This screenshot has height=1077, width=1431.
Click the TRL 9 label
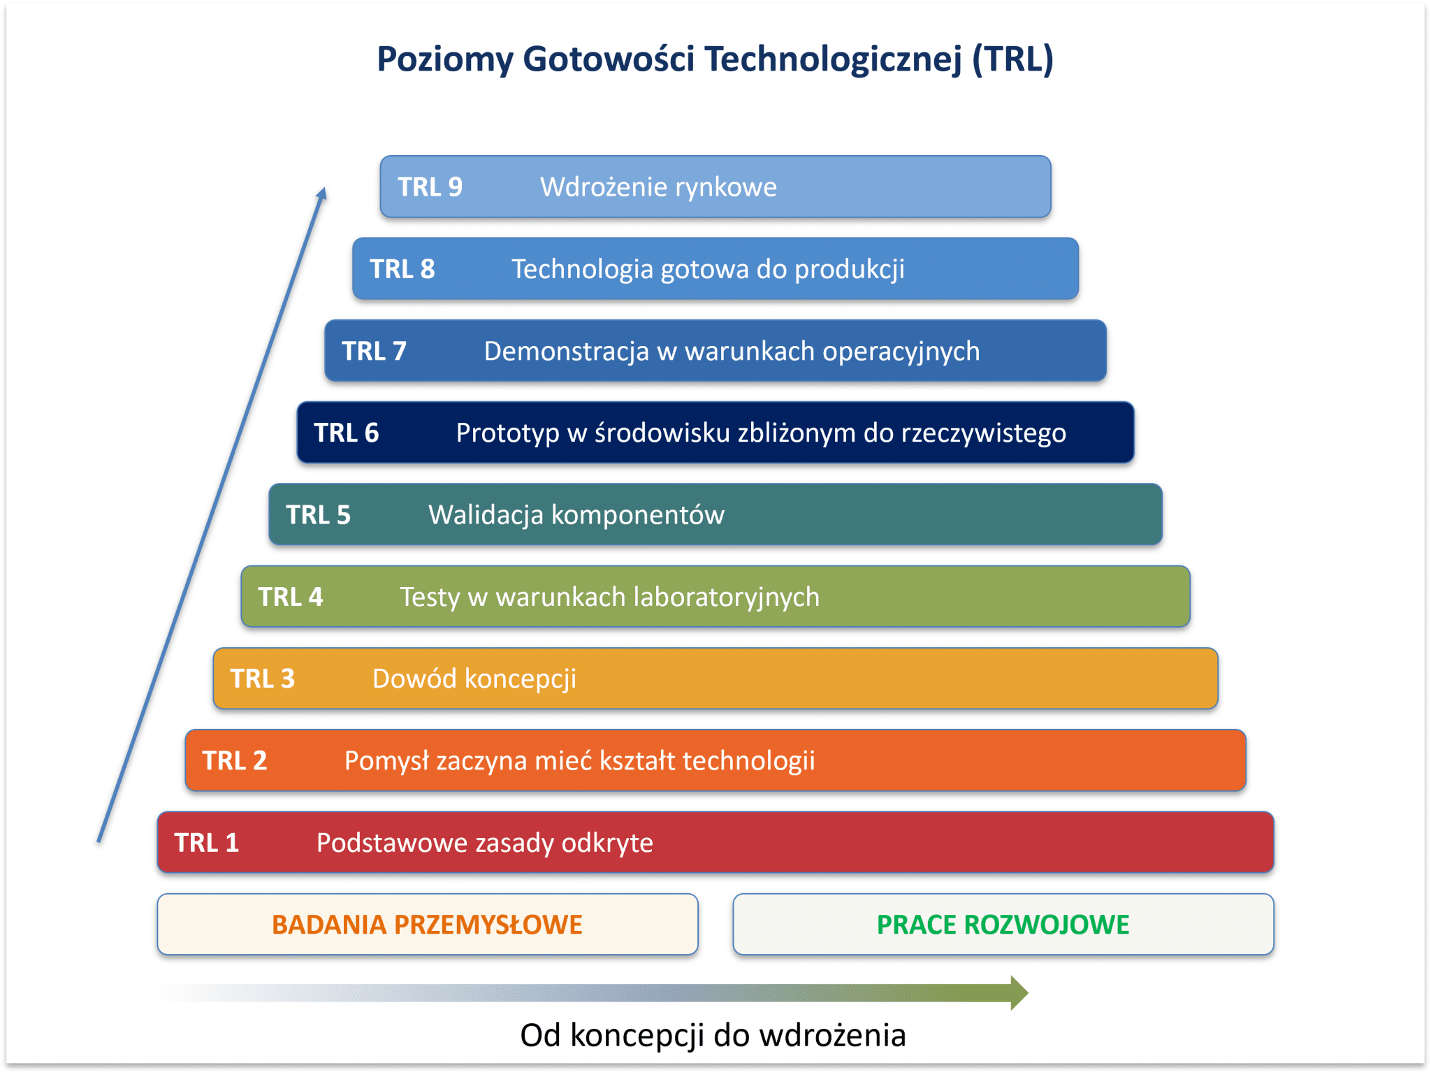(x=430, y=187)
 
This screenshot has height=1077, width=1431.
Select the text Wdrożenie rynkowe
(x=658, y=187)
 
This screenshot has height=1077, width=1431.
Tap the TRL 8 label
(x=402, y=269)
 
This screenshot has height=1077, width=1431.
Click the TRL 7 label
(x=374, y=351)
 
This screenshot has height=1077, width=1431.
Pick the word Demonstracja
(x=566, y=352)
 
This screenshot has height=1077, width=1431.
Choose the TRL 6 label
(x=346, y=433)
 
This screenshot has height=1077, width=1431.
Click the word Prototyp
(x=507, y=433)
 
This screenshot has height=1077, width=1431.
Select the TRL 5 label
(x=318, y=515)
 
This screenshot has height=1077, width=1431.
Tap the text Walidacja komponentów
(x=576, y=515)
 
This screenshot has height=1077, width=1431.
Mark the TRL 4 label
(x=290, y=597)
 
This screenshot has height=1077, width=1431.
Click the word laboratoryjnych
(x=726, y=598)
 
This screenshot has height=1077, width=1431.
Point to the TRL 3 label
(x=262, y=679)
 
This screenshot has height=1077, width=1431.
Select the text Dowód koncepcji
(x=474, y=679)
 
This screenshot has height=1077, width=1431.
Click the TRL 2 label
(x=234, y=760)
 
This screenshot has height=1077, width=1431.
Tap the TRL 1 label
(x=206, y=843)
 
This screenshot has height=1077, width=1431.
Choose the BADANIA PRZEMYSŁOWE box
(x=427, y=924)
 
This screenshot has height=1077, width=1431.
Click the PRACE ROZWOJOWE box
(x=1003, y=924)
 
